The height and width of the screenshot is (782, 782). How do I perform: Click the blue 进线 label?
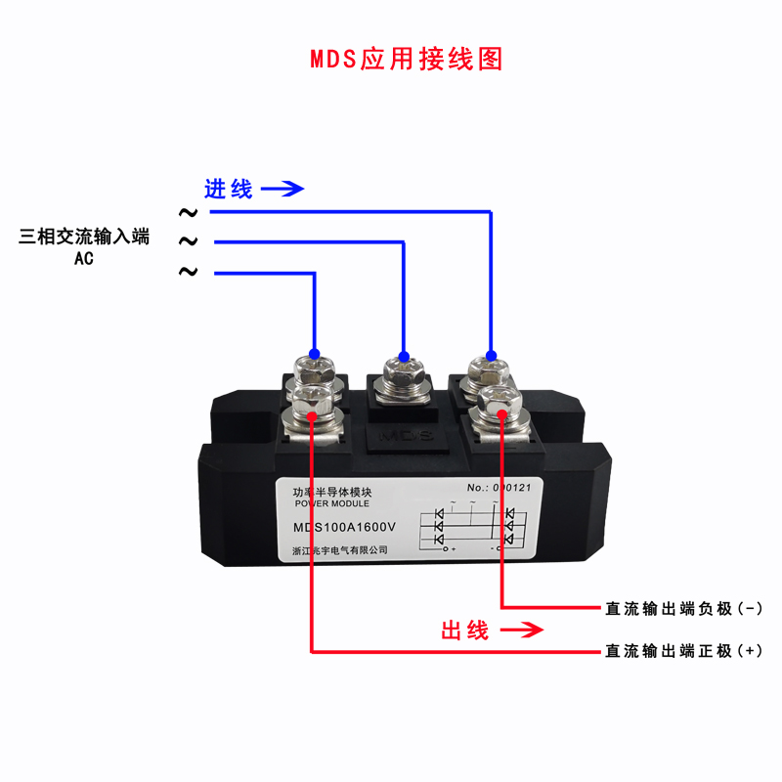point(229,189)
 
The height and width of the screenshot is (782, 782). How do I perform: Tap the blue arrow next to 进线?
point(283,189)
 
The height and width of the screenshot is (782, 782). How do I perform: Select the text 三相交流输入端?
point(84,237)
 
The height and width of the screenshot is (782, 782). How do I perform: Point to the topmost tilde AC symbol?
point(187,211)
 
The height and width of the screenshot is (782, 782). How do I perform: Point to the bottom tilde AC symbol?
point(187,272)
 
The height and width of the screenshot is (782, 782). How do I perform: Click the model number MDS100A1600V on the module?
point(344,529)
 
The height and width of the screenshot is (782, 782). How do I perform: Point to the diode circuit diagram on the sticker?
point(472,529)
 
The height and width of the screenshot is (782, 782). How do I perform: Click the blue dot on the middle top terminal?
point(403,356)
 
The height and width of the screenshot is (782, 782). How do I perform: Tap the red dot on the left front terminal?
point(312,416)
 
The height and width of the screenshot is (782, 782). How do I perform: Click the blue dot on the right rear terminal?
point(491,354)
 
